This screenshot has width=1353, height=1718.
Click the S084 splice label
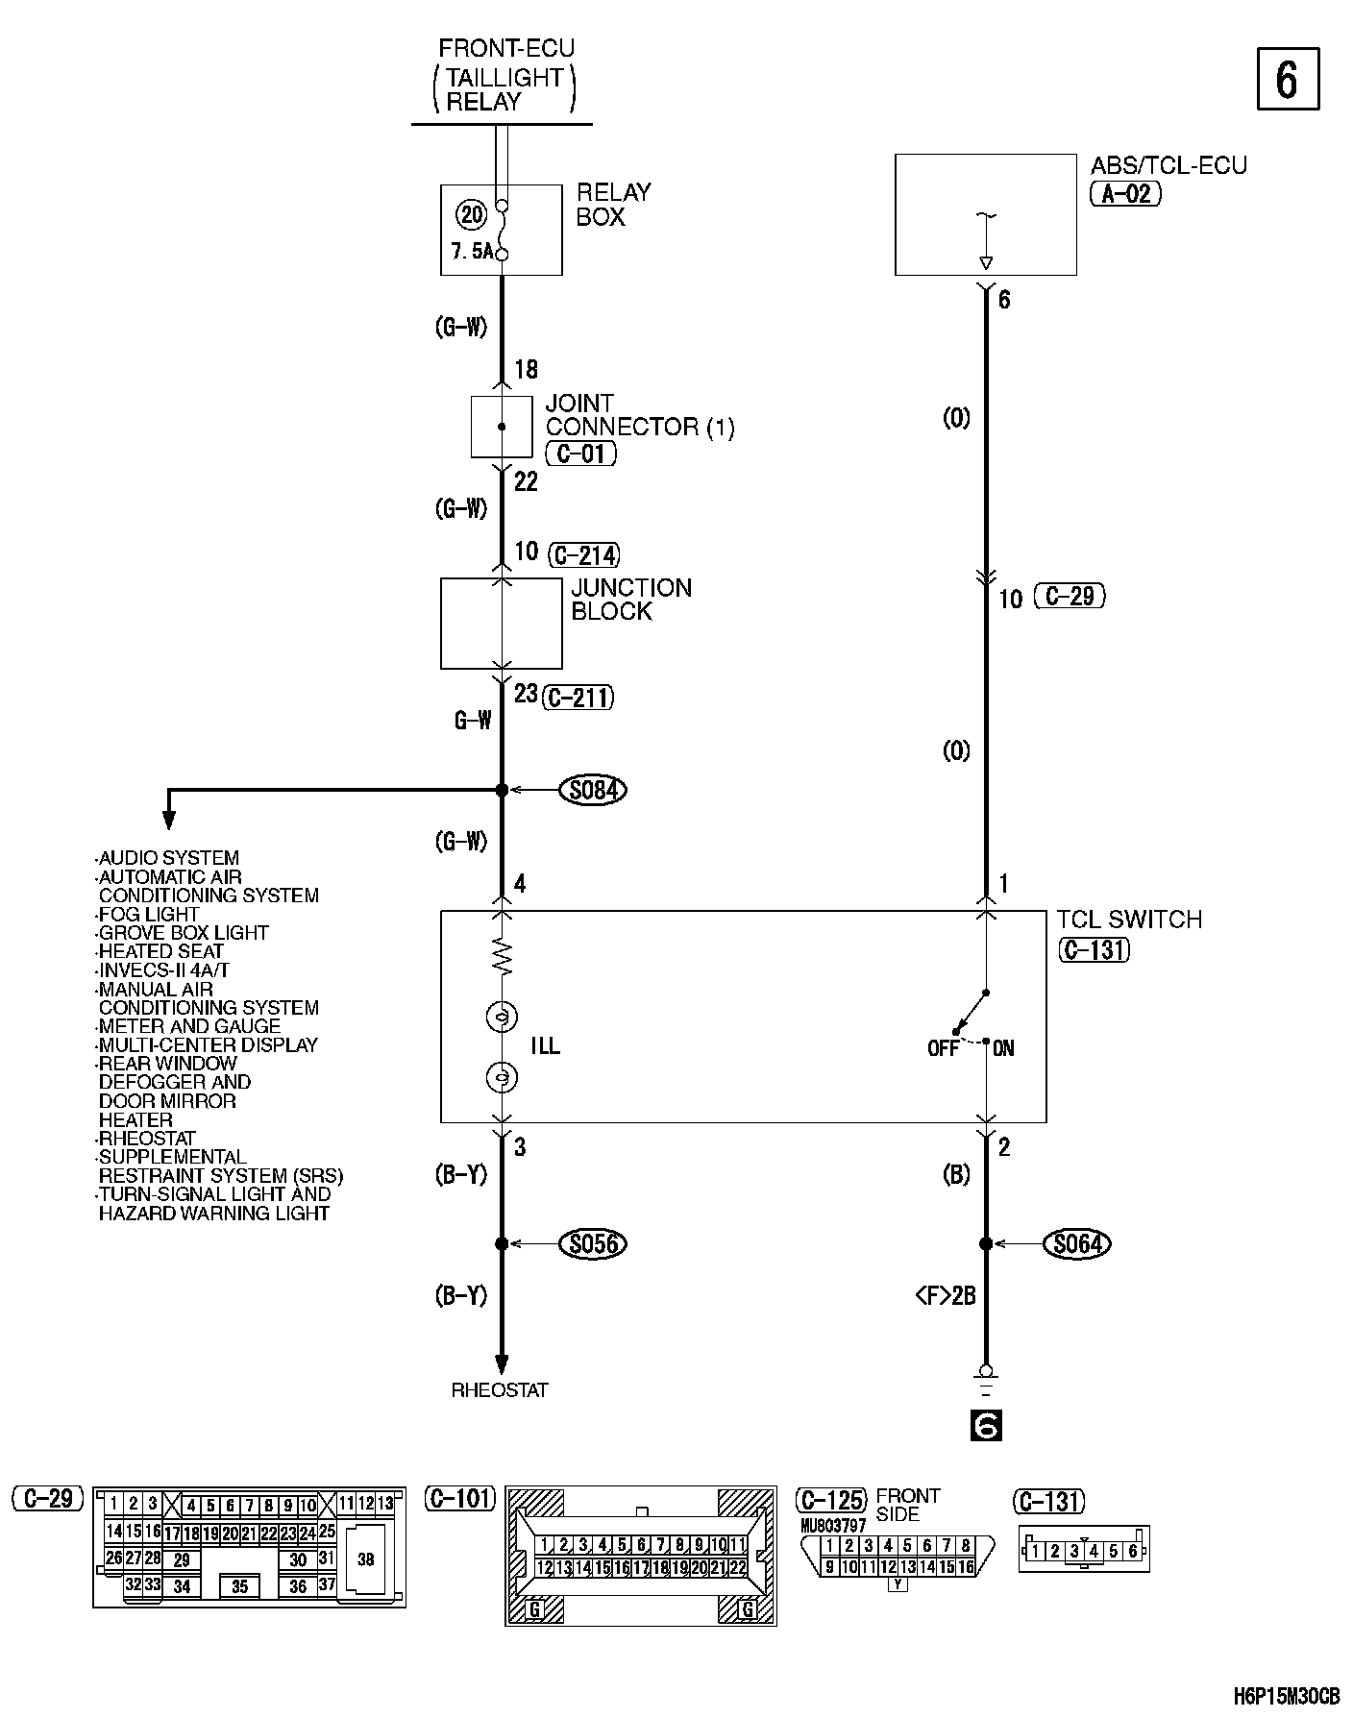pos(593,790)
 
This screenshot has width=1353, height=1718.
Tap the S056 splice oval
pos(593,1243)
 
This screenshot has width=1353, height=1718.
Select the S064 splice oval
pos(1077,1243)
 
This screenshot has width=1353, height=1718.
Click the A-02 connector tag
pos(1126,194)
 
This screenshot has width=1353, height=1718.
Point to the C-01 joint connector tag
pos(580,454)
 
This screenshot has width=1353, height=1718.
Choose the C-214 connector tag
pos(584,554)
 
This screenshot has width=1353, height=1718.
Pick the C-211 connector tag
pos(578,697)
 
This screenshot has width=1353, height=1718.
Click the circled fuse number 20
pos(472,215)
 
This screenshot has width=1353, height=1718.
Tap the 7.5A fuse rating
pos(472,252)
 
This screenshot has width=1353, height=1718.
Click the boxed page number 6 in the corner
pos(1288,80)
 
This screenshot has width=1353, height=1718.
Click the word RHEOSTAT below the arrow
pos(500,1389)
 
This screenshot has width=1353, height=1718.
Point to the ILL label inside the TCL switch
pos(545,1046)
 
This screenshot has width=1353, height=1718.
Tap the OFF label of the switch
pos(943,1048)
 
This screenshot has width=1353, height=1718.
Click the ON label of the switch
pos(1003,1048)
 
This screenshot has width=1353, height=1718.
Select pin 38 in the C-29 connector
pos(365,1559)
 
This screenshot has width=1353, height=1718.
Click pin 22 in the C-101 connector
pos(738,1567)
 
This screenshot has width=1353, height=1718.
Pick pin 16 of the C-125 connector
pos(966,1566)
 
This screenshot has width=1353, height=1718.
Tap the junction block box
pos(501,623)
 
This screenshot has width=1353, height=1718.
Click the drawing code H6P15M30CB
pos(1286,1696)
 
